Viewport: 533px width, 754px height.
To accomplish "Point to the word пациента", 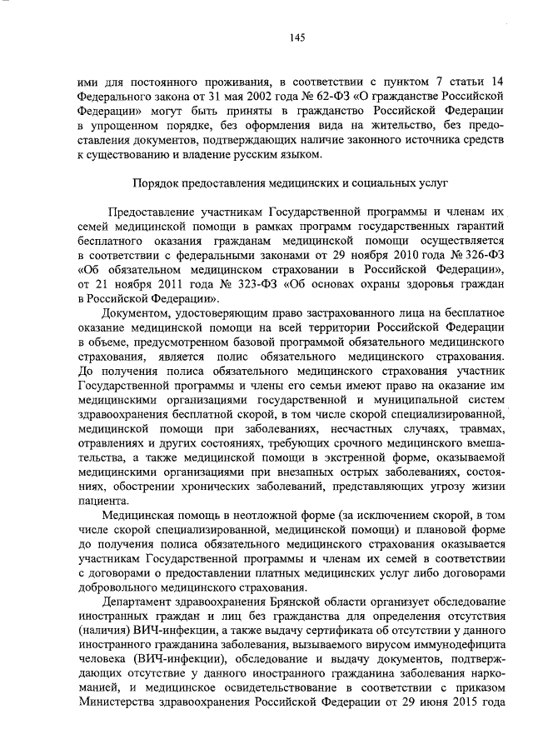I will pos(104,502).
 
